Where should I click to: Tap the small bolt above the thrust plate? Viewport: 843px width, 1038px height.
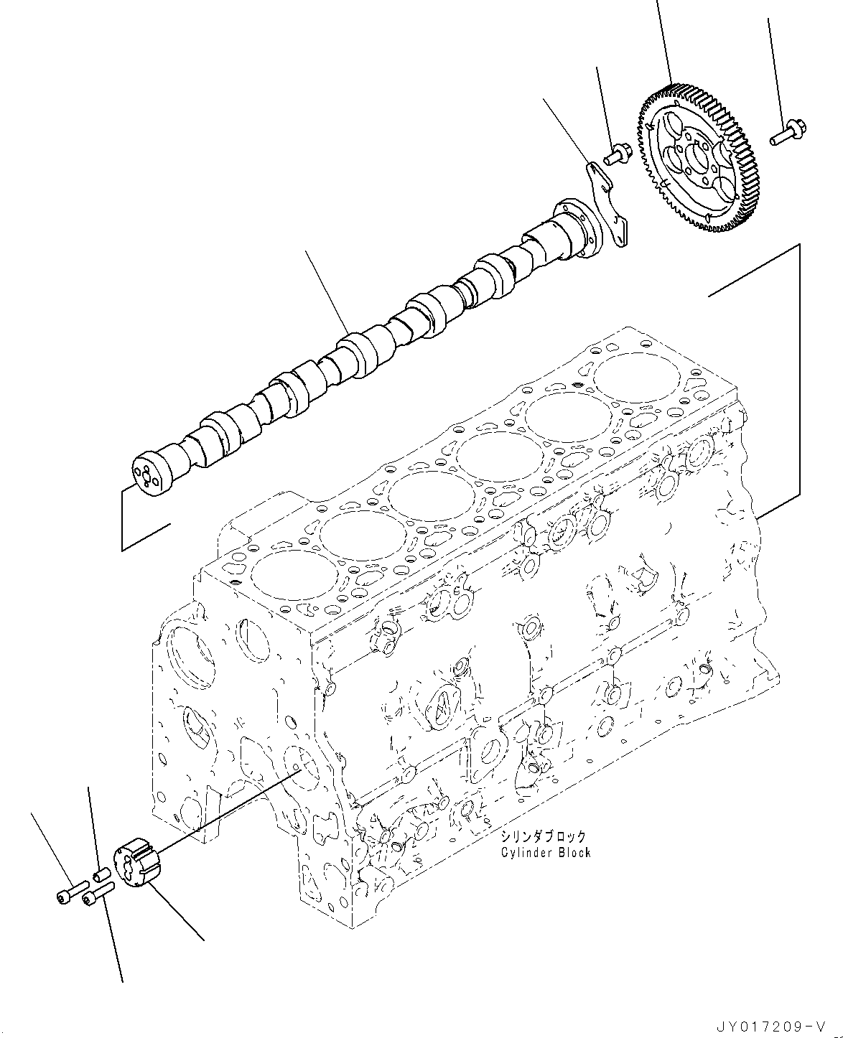point(618,152)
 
